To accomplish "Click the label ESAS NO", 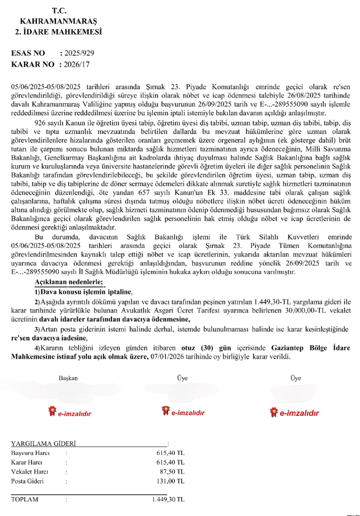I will coord(27,53).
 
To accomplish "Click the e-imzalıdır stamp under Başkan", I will coord(71,414).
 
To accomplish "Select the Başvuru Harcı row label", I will coord(30,453).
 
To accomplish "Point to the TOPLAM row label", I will coord(25,499).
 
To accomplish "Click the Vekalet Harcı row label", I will coord(30,471).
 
